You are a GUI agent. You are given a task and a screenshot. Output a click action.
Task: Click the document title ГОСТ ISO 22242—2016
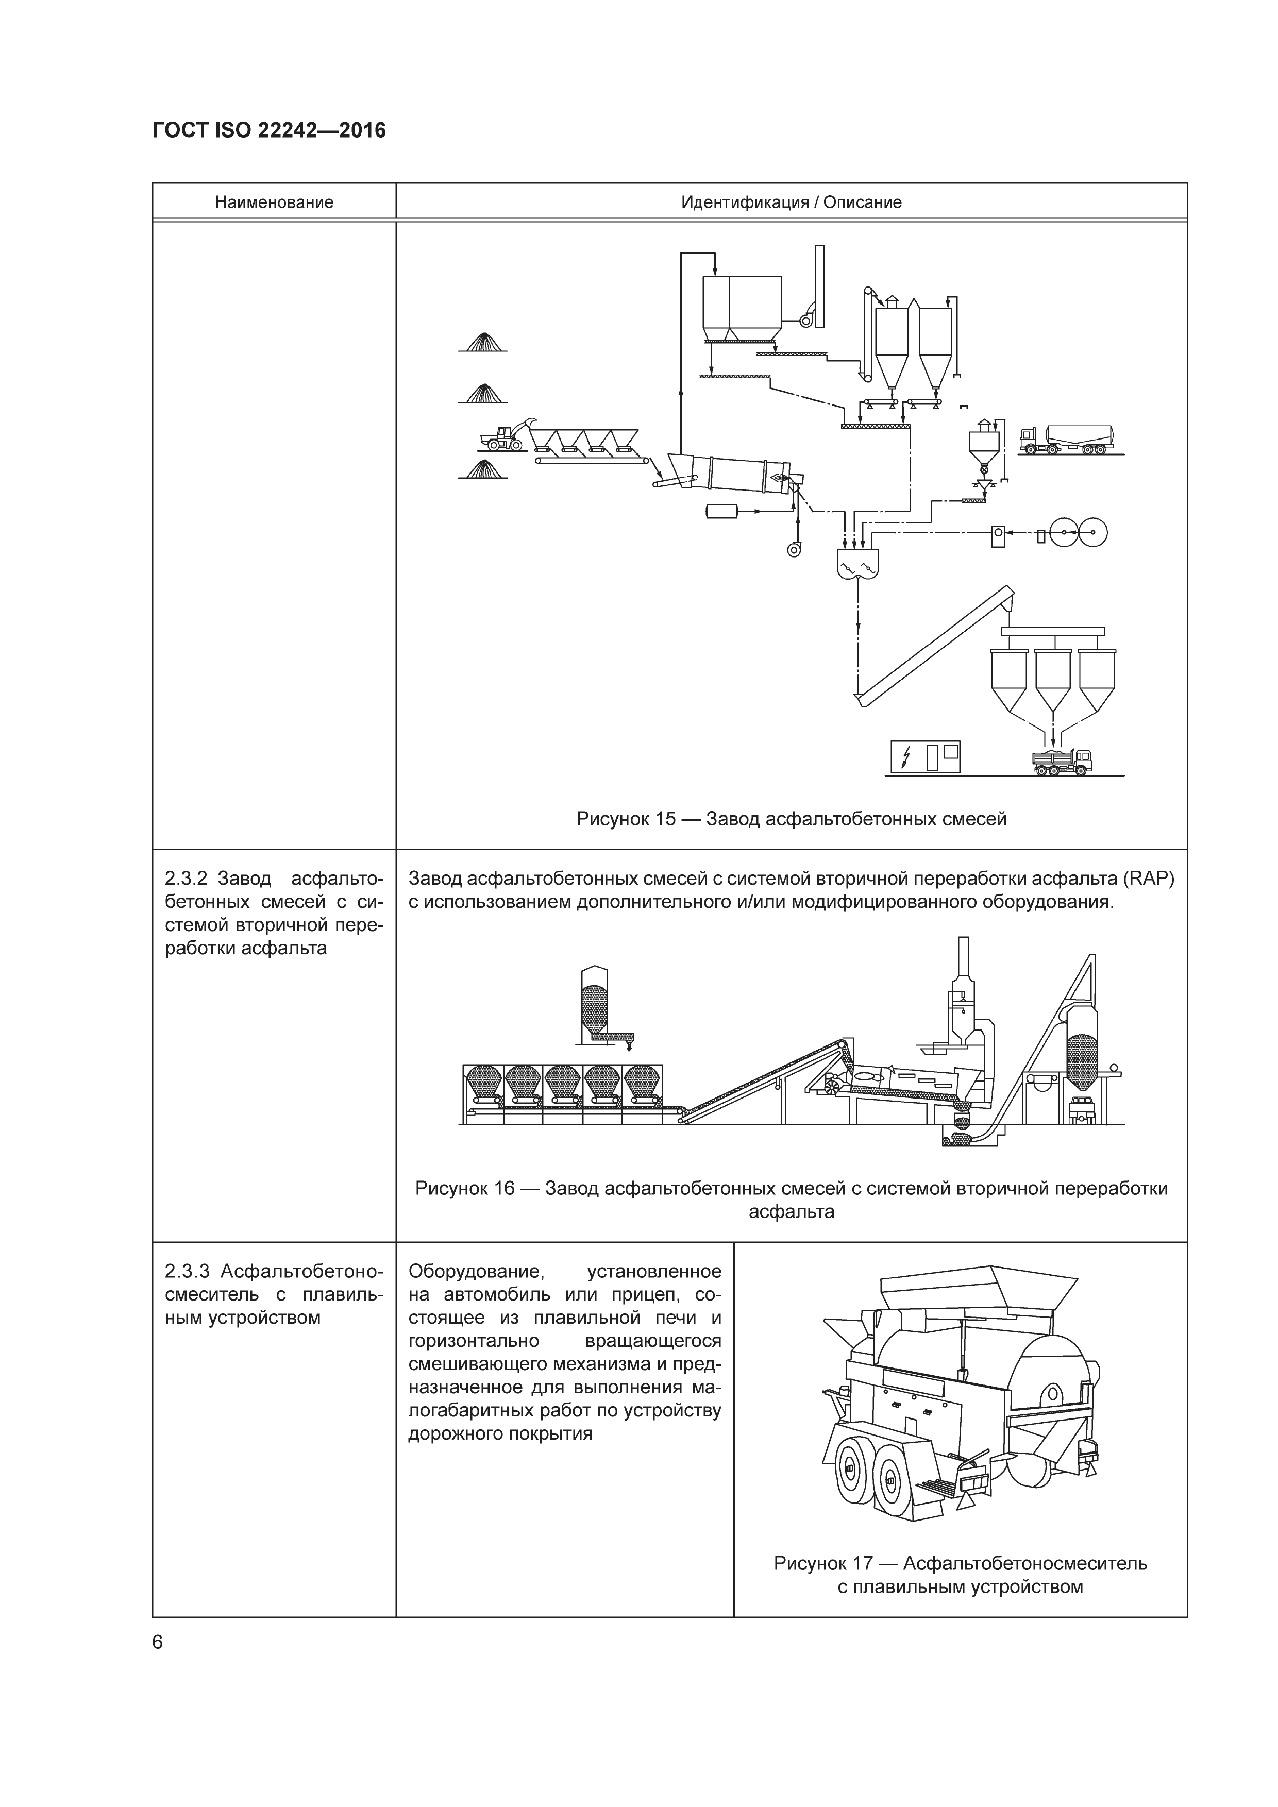pos(269,131)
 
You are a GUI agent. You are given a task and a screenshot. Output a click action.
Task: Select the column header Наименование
pos(274,202)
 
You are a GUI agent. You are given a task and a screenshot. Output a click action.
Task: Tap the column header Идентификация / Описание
pos(791,202)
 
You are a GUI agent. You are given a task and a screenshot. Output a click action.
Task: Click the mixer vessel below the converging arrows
pos(857,564)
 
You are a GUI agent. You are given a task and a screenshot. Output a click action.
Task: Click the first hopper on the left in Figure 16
pos(484,1085)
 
